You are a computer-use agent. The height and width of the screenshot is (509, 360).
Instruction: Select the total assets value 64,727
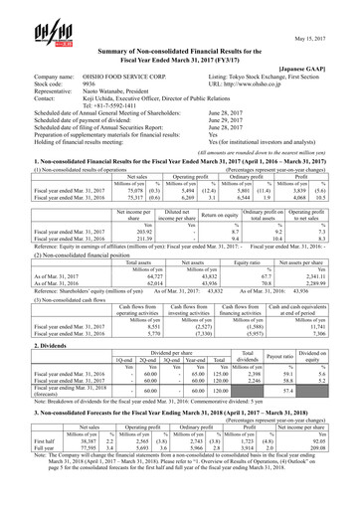[x=133, y=307]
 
